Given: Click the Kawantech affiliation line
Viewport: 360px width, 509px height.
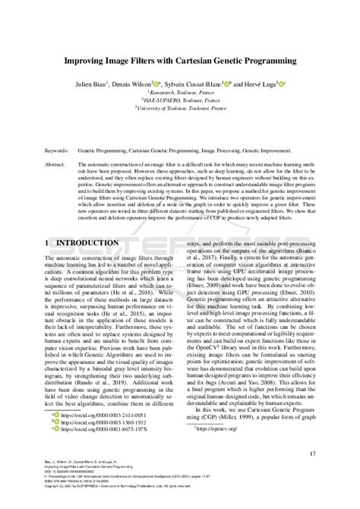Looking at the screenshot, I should click(x=180, y=92).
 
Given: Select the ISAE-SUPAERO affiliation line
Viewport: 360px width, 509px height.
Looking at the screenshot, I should click(x=180, y=100).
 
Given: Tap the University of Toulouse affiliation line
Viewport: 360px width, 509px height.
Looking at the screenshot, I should click(x=180, y=109).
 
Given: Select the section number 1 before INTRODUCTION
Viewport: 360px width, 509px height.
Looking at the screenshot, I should click(x=48, y=242).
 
